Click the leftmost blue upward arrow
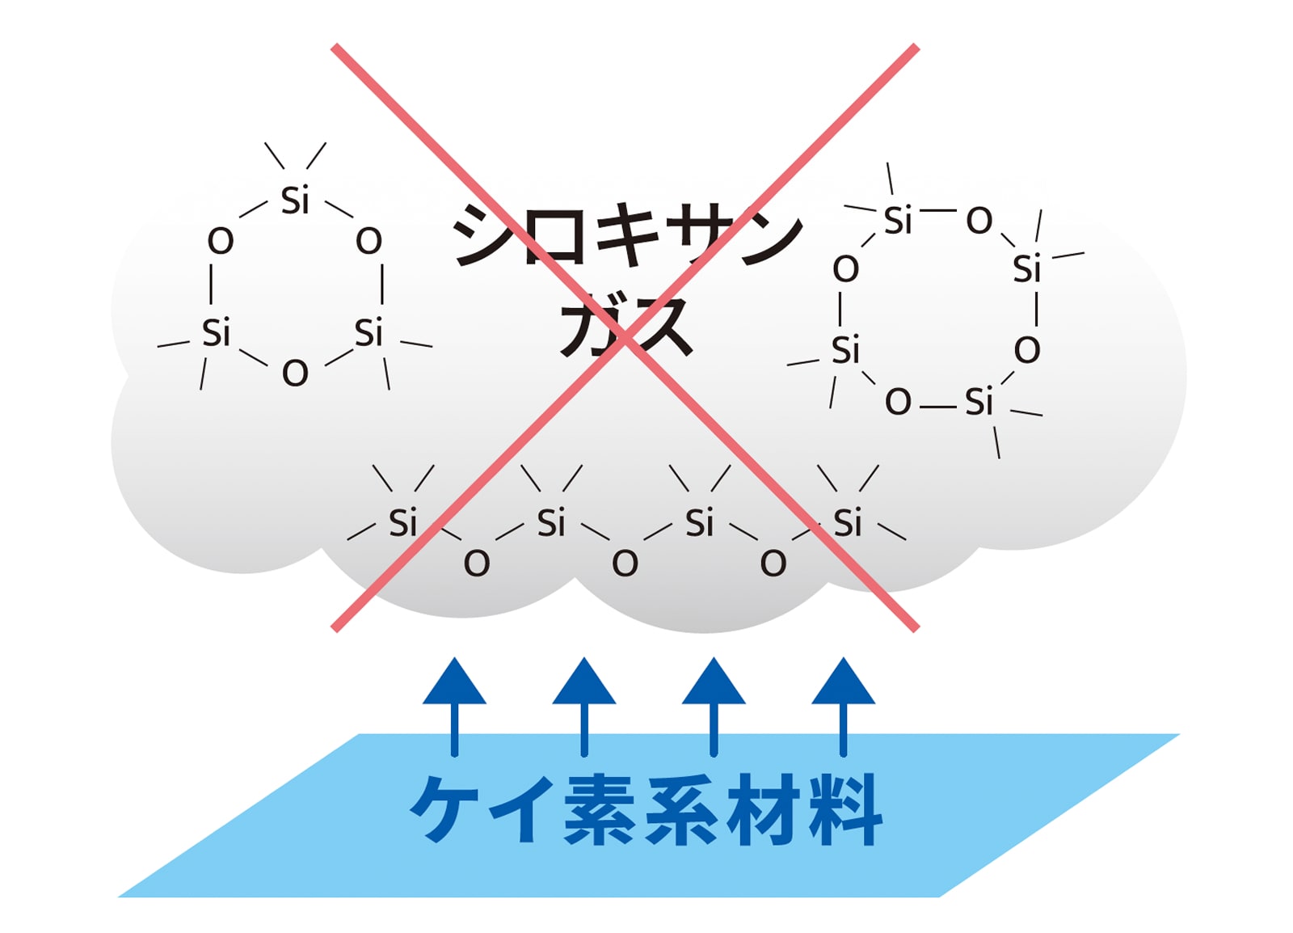click(x=454, y=707)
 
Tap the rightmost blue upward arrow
click(x=843, y=707)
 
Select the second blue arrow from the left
click(x=584, y=707)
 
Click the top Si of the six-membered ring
click(x=295, y=201)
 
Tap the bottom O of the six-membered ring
click(x=295, y=373)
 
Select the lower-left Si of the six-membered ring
click(x=216, y=332)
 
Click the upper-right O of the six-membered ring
click(x=369, y=241)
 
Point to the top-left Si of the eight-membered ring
click(x=898, y=220)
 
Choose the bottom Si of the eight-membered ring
click(x=979, y=401)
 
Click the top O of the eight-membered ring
click(x=979, y=221)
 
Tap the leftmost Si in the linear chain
click(x=402, y=522)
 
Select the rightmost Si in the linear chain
click(x=848, y=522)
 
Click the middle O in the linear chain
click(x=625, y=563)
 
